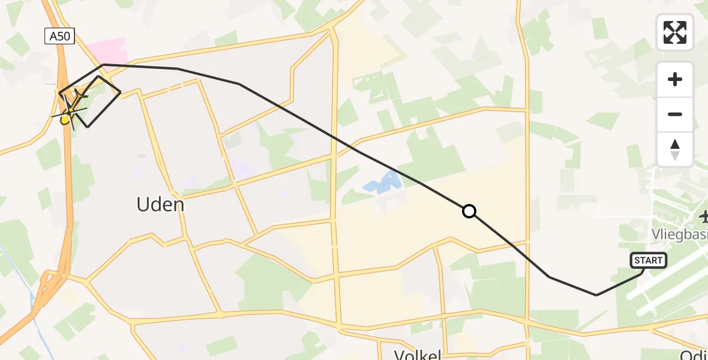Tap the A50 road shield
pyautogui.click(x=59, y=37)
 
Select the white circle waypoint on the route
pyautogui.click(x=469, y=211)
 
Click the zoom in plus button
pyautogui.click(x=675, y=79)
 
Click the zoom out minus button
pyautogui.click(x=675, y=114)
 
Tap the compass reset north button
pyautogui.click(x=675, y=149)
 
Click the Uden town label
pyautogui.click(x=160, y=205)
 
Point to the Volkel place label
pyautogui.click(x=418, y=354)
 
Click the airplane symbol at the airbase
pyautogui.click(x=703, y=215)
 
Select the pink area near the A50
pyautogui.click(x=106, y=50)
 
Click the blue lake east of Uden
pyautogui.click(x=381, y=183)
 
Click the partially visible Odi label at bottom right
pyautogui.click(x=694, y=354)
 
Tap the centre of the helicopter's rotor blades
pyautogui.click(x=70, y=112)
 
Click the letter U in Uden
pyautogui.click(x=143, y=205)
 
